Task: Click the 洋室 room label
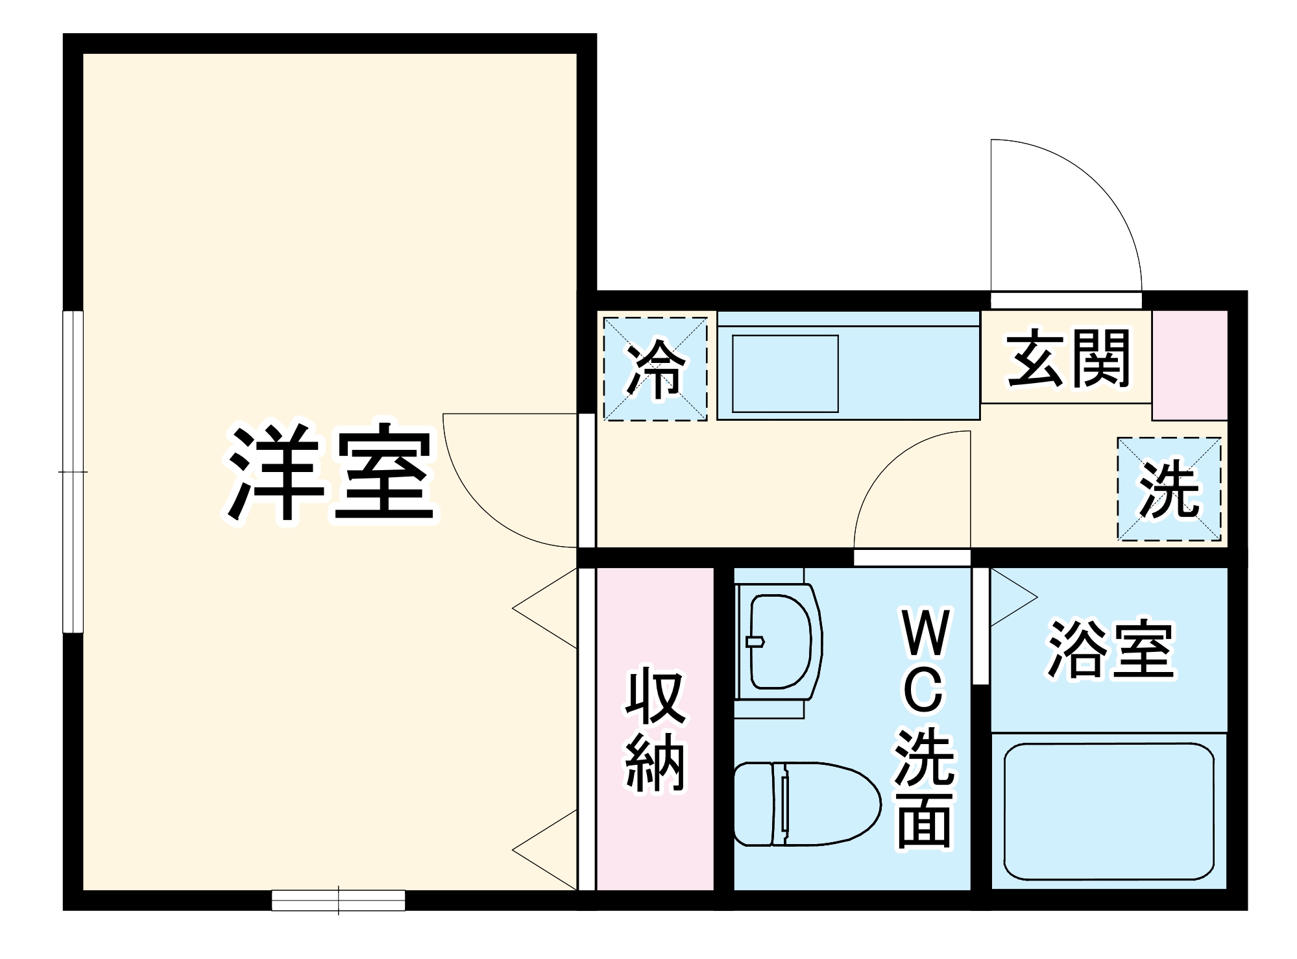(331, 472)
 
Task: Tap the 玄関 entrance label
(1068, 359)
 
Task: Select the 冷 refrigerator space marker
(655, 369)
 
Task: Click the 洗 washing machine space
(1169, 490)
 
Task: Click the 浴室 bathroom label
(1111, 650)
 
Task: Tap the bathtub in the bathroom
(1108, 812)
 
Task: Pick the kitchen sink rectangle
(785, 373)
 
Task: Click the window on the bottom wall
(338, 900)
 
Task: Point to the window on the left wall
(73, 471)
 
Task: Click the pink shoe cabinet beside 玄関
(1190, 365)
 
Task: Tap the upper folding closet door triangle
(548, 608)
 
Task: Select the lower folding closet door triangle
(548, 849)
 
